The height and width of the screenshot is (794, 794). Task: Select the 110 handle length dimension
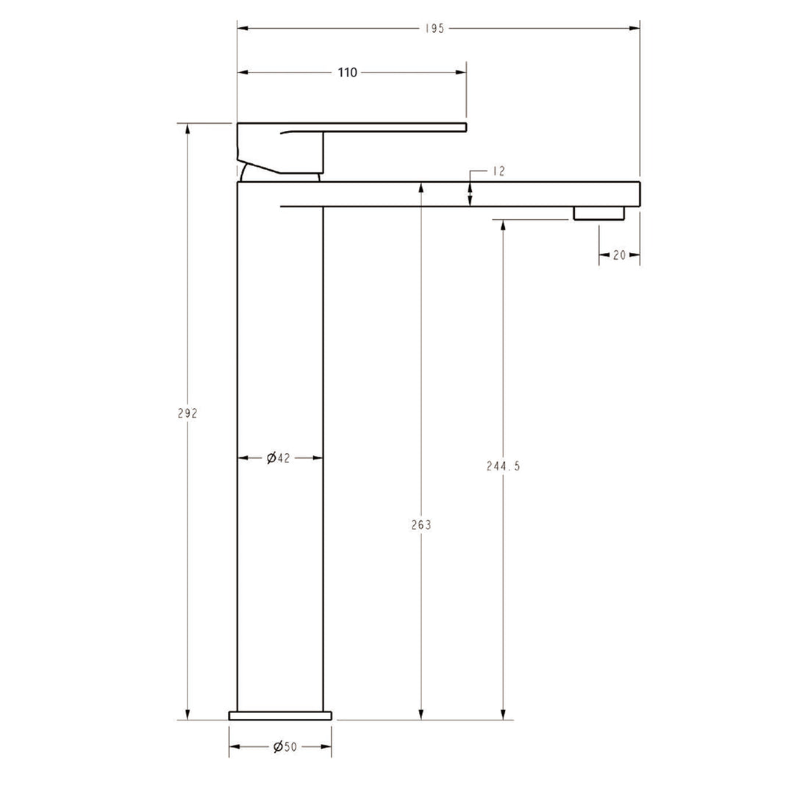[x=347, y=72]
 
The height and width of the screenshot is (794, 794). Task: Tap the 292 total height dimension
[x=187, y=413]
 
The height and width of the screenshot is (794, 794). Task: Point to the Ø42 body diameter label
[x=279, y=458]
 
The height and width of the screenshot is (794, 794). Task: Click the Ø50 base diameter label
[x=285, y=747]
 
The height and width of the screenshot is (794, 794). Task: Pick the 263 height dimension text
[x=421, y=525]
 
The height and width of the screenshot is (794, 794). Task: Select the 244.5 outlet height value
[x=503, y=466]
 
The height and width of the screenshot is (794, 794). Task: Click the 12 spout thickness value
[x=498, y=171]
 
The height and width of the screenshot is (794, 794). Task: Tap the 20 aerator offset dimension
[x=619, y=255]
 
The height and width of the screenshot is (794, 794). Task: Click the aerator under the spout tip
[x=598, y=213]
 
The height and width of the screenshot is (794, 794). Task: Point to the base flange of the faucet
[x=280, y=715]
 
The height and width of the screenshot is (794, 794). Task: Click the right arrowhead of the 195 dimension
[x=635, y=29]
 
